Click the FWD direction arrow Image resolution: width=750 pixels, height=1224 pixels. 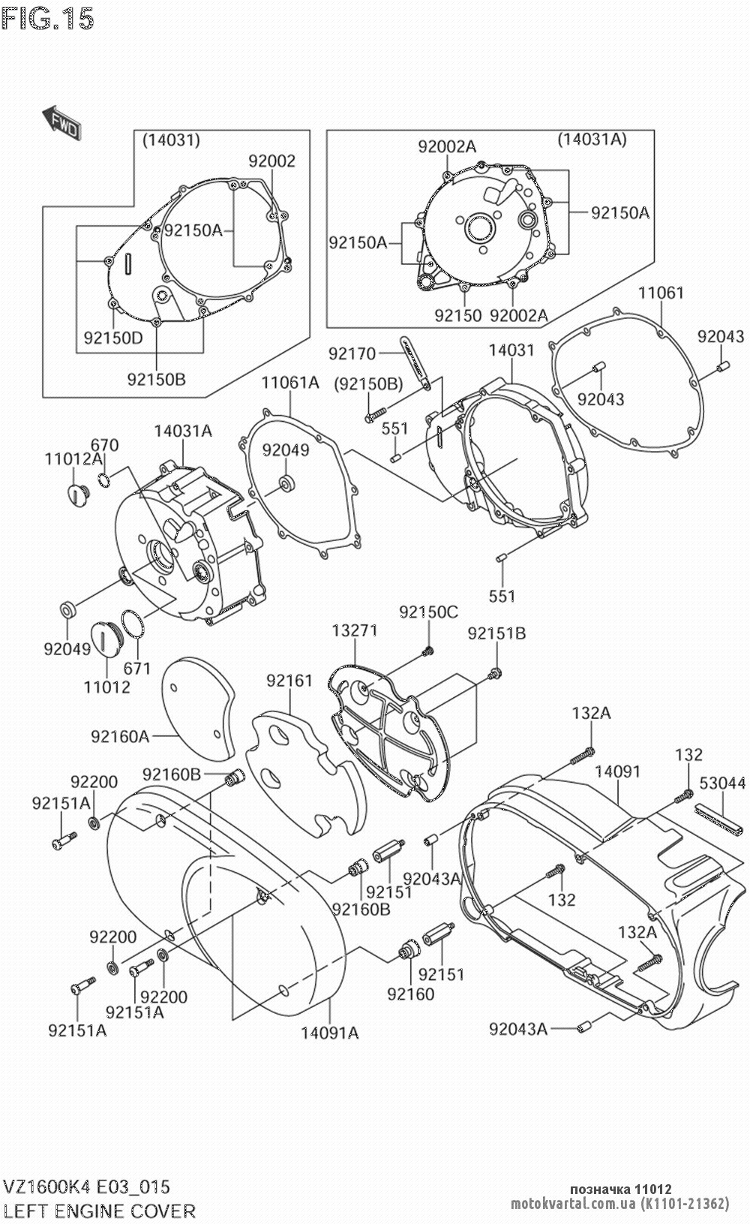pyautogui.click(x=60, y=122)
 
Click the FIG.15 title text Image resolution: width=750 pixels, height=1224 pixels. pyautogui.click(x=49, y=19)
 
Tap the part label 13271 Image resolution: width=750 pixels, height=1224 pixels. pyautogui.click(x=355, y=630)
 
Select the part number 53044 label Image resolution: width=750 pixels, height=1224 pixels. pyautogui.click(x=721, y=783)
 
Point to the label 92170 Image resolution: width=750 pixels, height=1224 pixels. pyautogui.click(x=351, y=352)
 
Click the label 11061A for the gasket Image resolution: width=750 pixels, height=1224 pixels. pyautogui.click(x=290, y=383)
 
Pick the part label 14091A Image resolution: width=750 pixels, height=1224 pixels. pyautogui.click(x=330, y=1033)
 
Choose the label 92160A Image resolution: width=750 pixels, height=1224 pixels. pyautogui.click(x=120, y=736)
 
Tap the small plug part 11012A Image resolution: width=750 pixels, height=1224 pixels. pyautogui.click(x=76, y=494)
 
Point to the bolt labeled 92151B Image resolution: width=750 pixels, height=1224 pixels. pyautogui.click(x=496, y=671)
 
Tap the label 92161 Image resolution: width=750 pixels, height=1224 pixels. pyautogui.click(x=289, y=681)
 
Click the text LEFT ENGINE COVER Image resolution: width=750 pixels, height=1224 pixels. pyautogui.click(x=100, y=1210)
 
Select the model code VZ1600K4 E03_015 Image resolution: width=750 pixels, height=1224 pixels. pyautogui.click(x=87, y=1186)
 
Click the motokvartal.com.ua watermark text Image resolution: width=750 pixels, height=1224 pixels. pyautogui.click(x=573, y=1204)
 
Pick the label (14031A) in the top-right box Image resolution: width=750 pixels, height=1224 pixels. pyautogui.click(x=592, y=139)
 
